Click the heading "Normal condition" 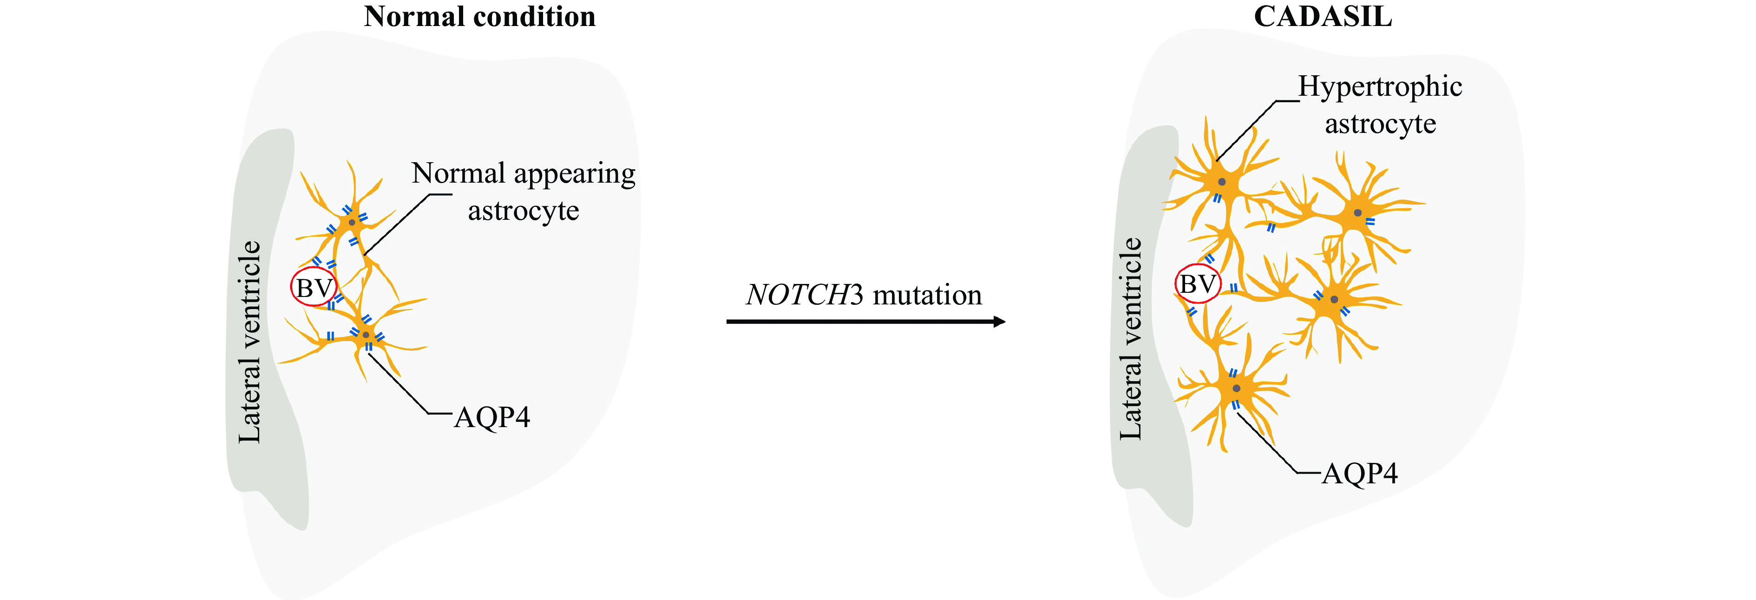coord(479,16)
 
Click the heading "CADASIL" coord(1323,16)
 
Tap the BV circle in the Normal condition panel coord(314,288)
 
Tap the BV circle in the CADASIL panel coord(1198,284)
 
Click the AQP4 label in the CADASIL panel coord(1360,473)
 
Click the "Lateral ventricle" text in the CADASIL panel coord(1131,338)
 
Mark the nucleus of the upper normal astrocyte coord(352,222)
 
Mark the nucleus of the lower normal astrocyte coord(366,335)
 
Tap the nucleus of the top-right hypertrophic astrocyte coord(1358,213)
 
